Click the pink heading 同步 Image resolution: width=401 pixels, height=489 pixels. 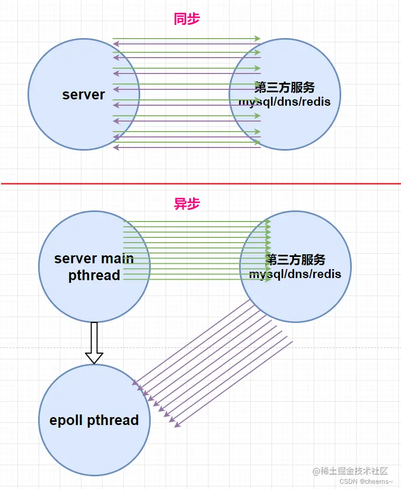[x=187, y=19]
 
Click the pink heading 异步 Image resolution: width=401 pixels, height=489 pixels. [x=187, y=204]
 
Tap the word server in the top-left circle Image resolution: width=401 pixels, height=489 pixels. [x=84, y=95]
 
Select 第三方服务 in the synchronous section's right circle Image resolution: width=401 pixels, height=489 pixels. [x=285, y=87]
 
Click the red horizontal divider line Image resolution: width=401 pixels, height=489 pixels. [x=200, y=183]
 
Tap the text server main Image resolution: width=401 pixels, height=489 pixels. [x=94, y=259]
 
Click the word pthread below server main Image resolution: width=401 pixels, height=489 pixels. [x=94, y=275]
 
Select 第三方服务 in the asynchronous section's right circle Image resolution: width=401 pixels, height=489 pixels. [x=295, y=260]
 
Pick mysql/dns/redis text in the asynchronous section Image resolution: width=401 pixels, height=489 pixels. [x=295, y=274]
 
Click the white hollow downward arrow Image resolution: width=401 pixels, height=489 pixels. [x=94, y=343]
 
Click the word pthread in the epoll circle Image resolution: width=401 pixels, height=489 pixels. [x=113, y=420]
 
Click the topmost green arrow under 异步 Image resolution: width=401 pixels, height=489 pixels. [x=196, y=222]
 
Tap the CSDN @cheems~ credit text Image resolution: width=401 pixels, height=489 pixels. [x=366, y=482]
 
